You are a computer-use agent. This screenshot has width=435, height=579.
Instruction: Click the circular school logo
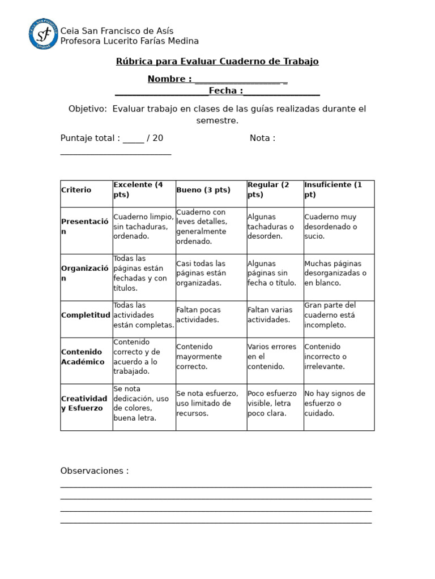tap(44, 34)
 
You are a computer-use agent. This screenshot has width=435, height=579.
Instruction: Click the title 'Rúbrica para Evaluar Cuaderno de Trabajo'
tap(217, 61)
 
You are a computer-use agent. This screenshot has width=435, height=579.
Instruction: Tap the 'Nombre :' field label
tap(169, 79)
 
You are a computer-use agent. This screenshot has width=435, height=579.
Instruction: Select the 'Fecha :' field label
tap(225, 91)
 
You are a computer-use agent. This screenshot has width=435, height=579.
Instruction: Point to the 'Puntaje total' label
tap(90, 137)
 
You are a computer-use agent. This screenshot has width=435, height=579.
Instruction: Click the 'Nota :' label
tap(262, 137)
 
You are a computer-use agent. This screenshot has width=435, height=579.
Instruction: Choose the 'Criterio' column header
tap(76, 190)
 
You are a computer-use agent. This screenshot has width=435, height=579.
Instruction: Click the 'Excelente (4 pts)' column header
tap(138, 189)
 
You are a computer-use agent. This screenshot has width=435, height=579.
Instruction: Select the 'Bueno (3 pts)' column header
tap(203, 190)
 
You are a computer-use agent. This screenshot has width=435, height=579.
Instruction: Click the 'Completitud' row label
tap(86, 315)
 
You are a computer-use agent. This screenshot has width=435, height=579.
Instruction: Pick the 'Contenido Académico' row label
tap(83, 357)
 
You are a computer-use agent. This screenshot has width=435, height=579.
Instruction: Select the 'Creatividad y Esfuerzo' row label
tap(84, 403)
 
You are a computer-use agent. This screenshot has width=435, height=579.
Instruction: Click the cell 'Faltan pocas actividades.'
tap(199, 315)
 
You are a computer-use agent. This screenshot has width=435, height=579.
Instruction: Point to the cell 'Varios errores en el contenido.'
tap(272, 357)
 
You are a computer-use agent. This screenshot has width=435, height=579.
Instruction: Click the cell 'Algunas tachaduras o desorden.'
tap(271, 227)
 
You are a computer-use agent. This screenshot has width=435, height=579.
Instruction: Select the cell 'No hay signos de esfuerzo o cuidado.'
tap(335, 403)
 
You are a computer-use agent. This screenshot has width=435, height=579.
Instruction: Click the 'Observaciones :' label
tap(95, 471)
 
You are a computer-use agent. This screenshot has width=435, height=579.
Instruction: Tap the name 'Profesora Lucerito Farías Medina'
tap(130, 41)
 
